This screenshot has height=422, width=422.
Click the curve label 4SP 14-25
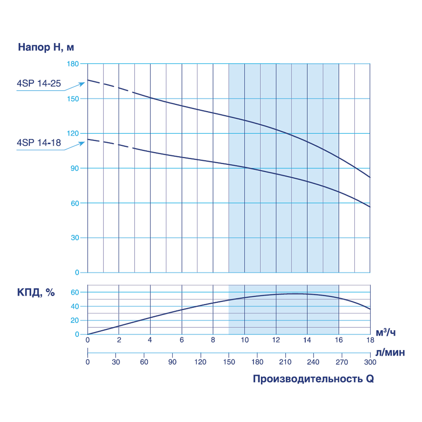click(x=39, y=84)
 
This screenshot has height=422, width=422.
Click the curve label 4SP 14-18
click(x=39, y=143)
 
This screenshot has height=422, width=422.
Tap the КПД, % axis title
click(x=36, y=292)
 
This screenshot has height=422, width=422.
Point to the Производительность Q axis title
click(x=313, y=379)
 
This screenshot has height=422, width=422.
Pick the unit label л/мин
click(x=390, y=353)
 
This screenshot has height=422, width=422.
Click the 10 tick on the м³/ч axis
click(x=244, y=340)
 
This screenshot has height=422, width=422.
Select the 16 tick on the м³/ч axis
click(x=339, y=340)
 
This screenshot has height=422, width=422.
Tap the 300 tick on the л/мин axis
click(x=370, y=362)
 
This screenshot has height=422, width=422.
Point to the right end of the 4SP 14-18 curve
click(x=370, y=207)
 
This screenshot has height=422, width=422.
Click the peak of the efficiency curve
click(x=294, y=293)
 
